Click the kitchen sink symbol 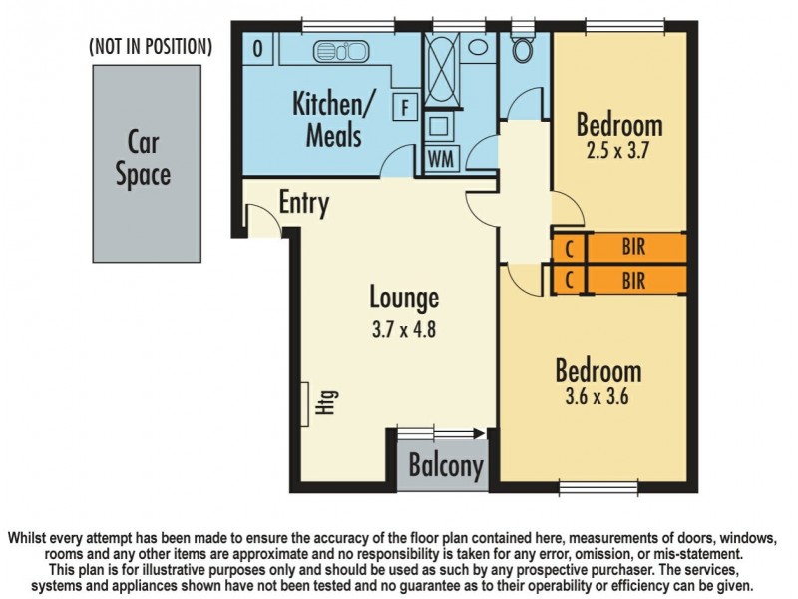[x=341, y=51]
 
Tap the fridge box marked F [x=405, y=107]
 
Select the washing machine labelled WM [x=441, y=159]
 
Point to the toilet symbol [x=523, y=47]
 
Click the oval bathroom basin [x=478, y=47]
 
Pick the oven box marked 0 [x=258, y=49]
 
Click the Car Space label [x=143, y=159]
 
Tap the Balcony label [x=446, y=465]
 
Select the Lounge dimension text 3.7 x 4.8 [x=404, y=330]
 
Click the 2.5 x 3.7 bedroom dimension [x=617, y=151]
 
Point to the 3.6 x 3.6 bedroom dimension [x=597, y=396]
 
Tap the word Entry [x=304, y=203]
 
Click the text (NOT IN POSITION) [x=151, y=46]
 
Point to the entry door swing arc [x=269, y=212]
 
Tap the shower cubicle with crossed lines [x=441, y=70]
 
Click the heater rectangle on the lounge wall [x=305, y=404]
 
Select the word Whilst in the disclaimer [x=26, y=538]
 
